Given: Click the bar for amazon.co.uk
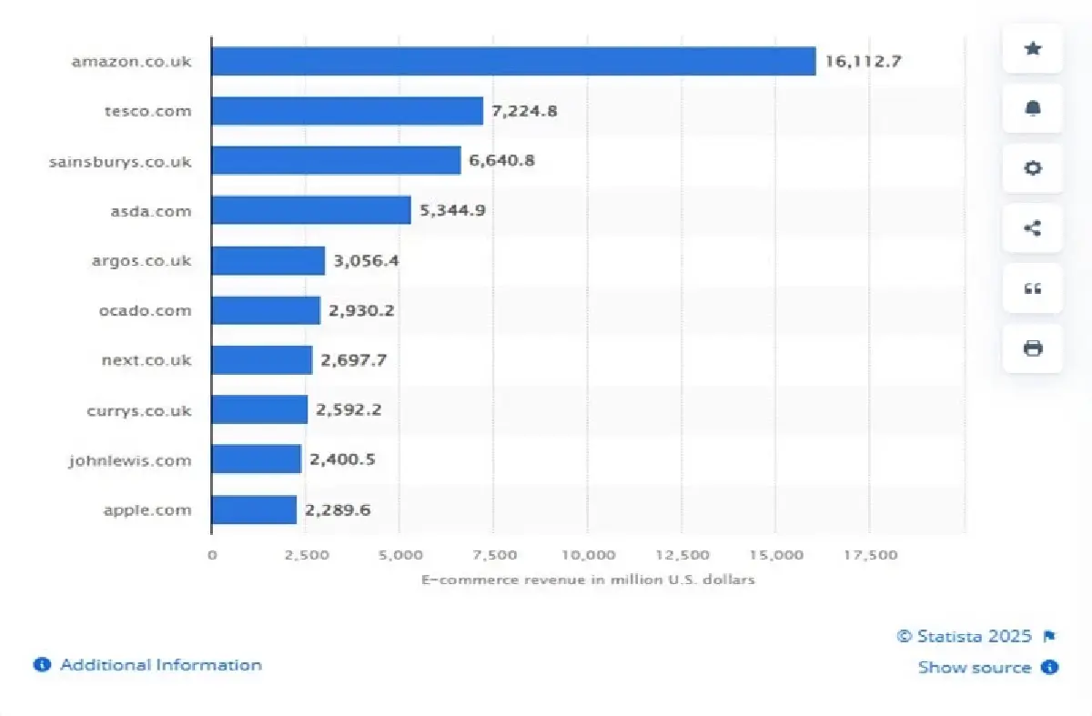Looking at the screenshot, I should (513, 62).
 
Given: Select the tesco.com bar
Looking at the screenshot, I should (347, 111).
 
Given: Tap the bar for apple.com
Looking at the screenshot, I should (254, 509).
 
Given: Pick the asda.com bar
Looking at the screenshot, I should (310, 211).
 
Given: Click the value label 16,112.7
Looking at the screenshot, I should (864, 62).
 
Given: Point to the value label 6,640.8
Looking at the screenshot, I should (501, 161).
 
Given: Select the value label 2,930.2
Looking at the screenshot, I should (361, 310).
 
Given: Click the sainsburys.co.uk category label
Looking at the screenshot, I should (121, 161).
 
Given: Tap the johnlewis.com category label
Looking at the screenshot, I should (130, 460).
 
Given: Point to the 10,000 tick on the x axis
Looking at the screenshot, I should (588, 555).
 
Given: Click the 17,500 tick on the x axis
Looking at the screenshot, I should (870, 555).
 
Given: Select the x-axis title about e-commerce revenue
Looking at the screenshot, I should (588, 580).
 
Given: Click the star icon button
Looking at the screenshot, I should (1033, 48).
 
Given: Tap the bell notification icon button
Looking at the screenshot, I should (1033, 108).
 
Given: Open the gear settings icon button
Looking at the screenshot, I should (1033, 168).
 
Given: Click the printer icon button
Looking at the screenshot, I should (1033, 348).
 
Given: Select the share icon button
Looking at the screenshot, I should (1033, 228).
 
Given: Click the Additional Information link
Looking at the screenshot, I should (160, 665).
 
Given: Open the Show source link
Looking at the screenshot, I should (975, 667).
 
